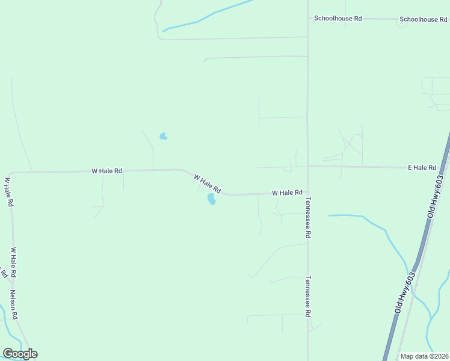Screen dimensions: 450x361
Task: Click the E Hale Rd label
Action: [422, 167]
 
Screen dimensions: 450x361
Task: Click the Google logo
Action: [20, 354]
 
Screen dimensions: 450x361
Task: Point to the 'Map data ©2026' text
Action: [424, 356]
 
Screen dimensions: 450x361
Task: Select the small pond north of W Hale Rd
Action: [163, 137]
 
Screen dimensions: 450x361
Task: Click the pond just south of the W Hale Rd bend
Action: [211, 199]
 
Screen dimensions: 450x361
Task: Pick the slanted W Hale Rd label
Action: [208, 183]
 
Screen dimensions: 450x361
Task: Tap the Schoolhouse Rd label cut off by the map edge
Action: [424, 19]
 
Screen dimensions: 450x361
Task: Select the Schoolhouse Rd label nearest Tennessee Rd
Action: [337, 19]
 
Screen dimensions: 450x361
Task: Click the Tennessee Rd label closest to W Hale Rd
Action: [307, 218]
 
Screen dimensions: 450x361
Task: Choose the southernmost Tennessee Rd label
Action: [307, 296]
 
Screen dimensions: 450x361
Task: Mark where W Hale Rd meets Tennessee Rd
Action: [308, 193]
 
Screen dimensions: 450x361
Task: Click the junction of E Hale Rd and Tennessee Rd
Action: [308, 166]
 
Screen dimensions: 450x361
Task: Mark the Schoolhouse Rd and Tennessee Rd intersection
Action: [308, 18]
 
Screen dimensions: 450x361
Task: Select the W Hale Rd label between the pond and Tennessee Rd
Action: [287, 193]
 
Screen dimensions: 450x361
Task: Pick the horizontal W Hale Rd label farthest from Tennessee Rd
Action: [106, 171]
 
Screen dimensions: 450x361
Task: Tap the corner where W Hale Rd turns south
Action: [11, 174]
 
